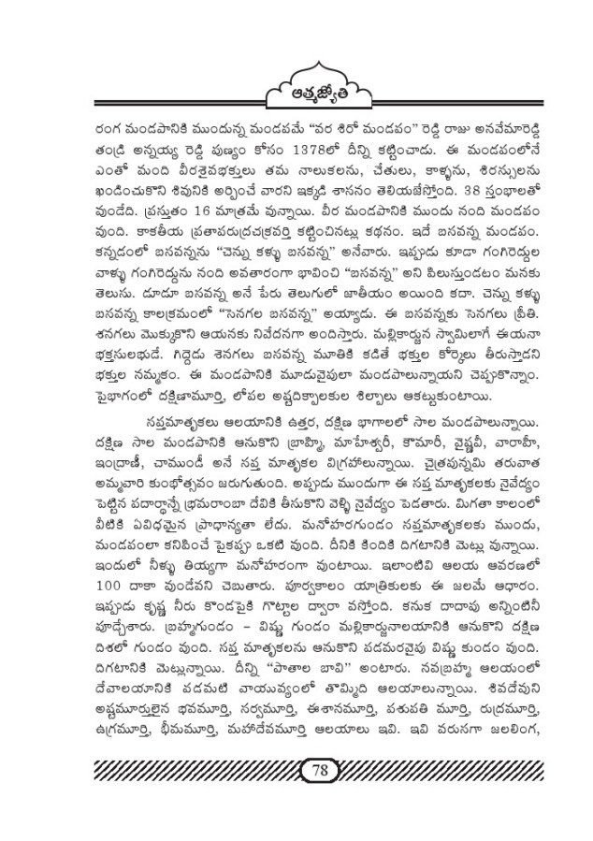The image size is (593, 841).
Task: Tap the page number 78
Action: click(x=318, y=770)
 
